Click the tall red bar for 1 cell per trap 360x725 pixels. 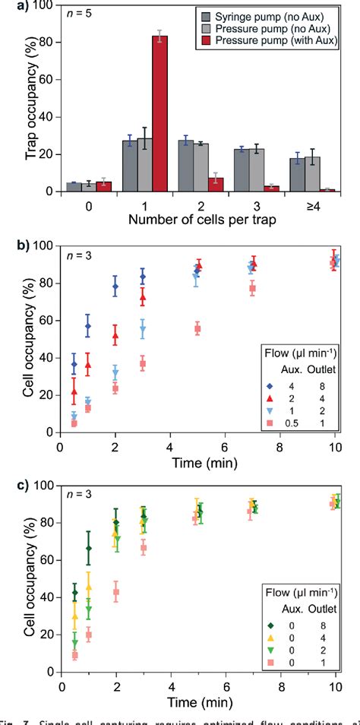(159, 113)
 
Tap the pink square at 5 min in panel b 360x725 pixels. (197, 329)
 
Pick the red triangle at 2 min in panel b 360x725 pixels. (115, 335)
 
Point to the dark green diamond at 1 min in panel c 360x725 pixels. (88, 548)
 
